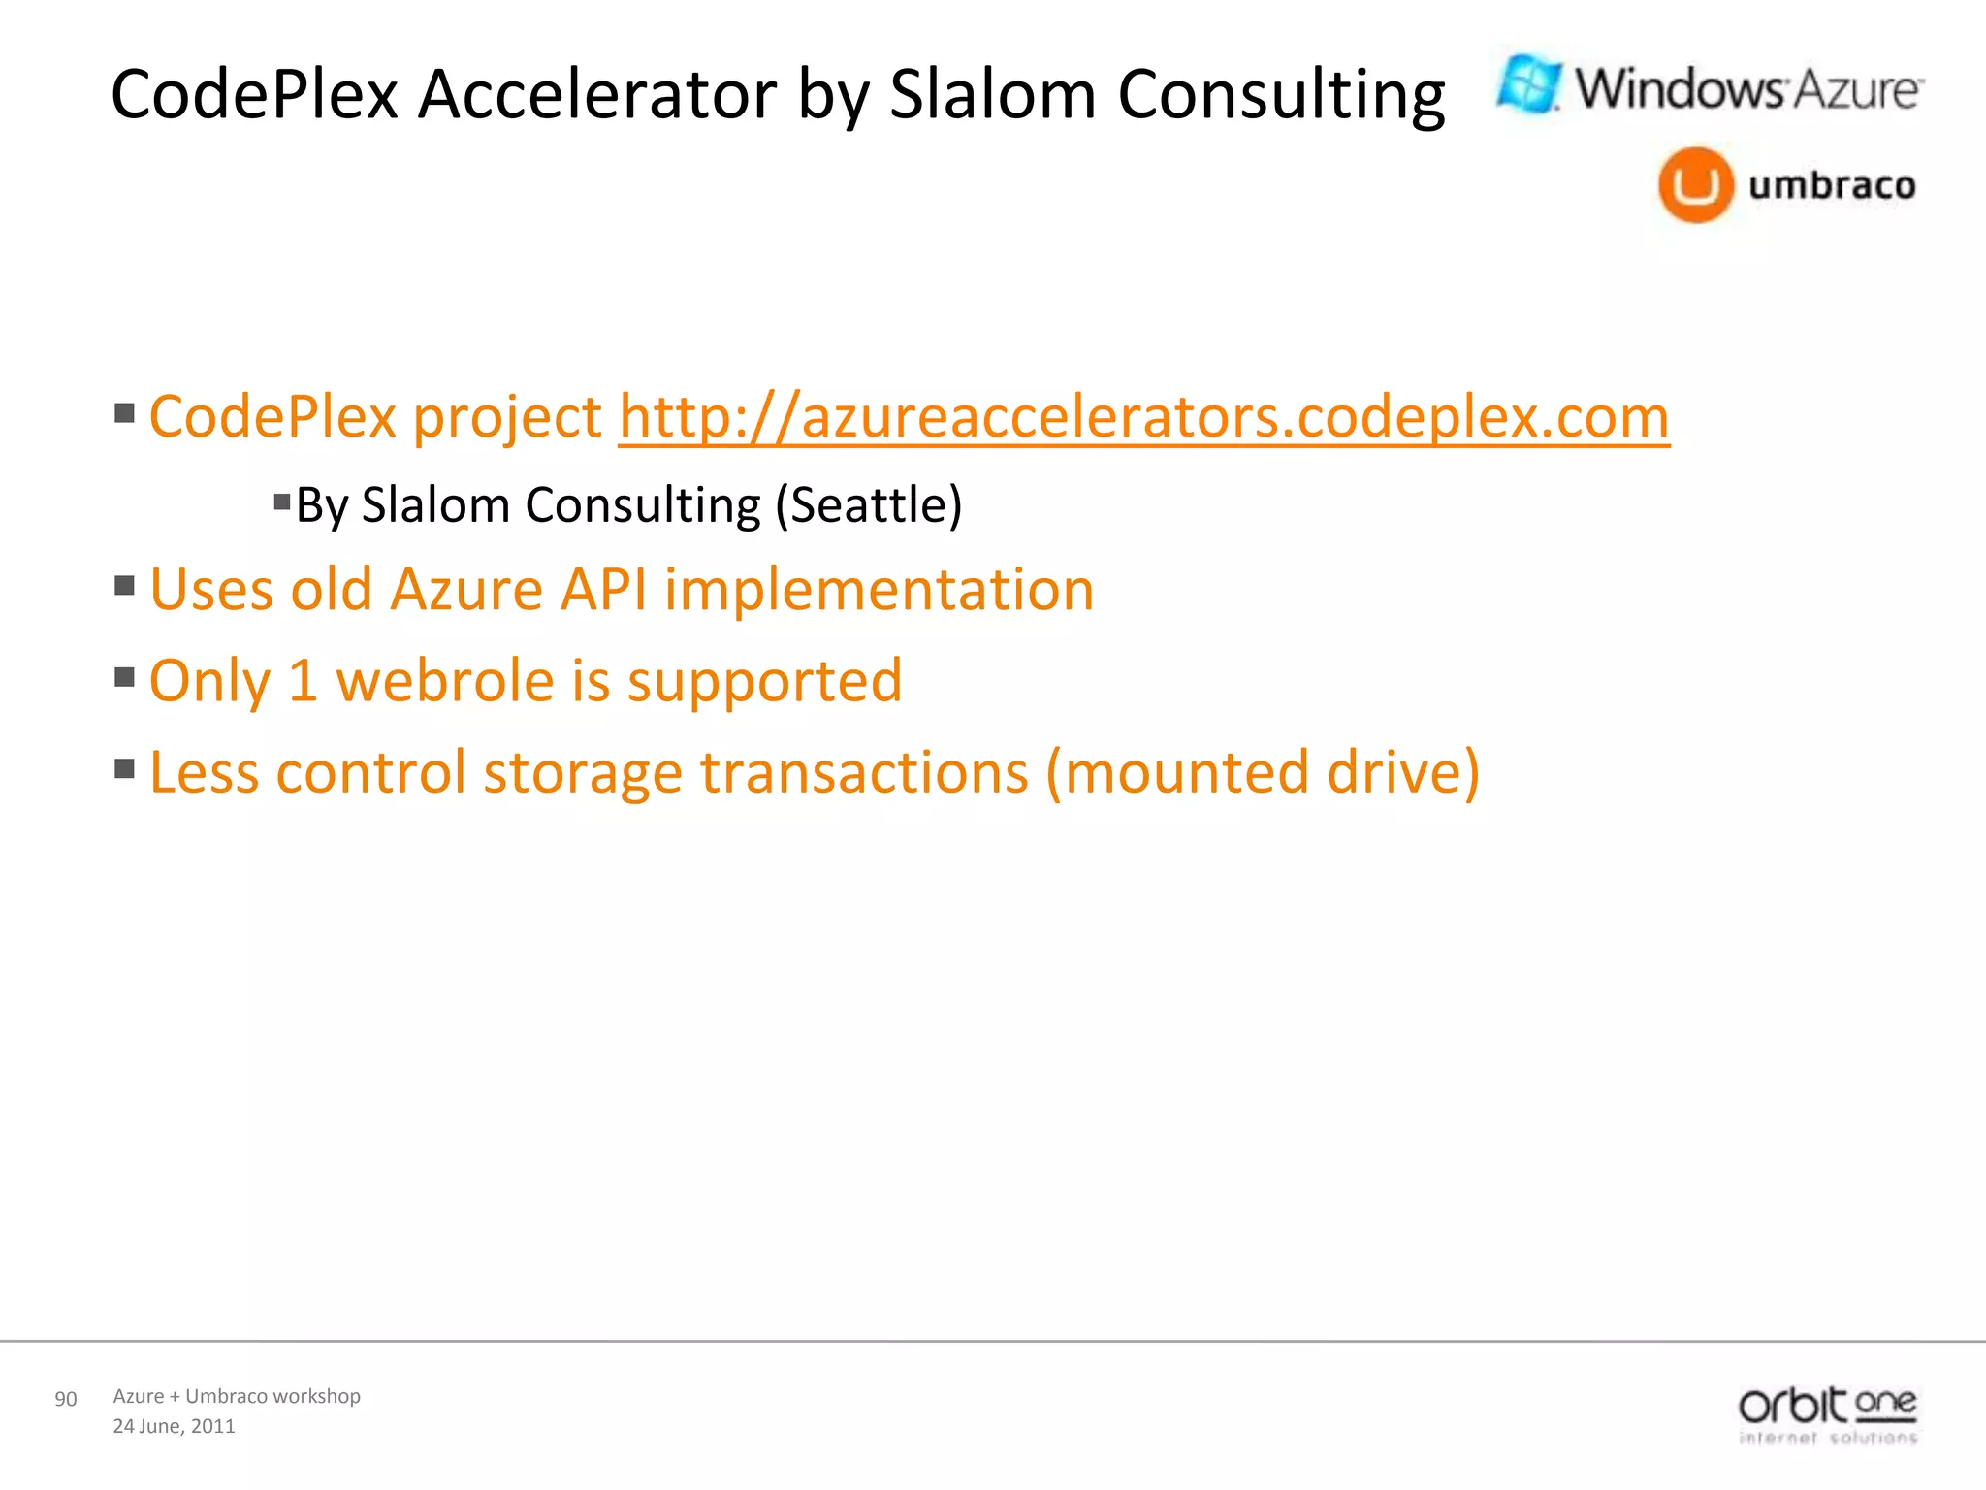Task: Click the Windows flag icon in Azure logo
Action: (1529, 84)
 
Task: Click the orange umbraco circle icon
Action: (1695, 184)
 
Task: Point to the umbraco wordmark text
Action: (1832, 184)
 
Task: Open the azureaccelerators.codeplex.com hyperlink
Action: (1143, 417)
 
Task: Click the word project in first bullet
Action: (507, 419)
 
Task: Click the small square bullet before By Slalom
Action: (282, 502)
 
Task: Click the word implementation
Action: (879, 590)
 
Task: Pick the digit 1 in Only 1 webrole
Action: (303, 681)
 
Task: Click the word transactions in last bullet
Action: (864, 773)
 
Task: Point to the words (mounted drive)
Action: (1262, 773)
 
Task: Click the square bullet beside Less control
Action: (124, 769)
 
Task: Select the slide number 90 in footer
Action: (66, 1399)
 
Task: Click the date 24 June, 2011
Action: (175, 1426)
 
